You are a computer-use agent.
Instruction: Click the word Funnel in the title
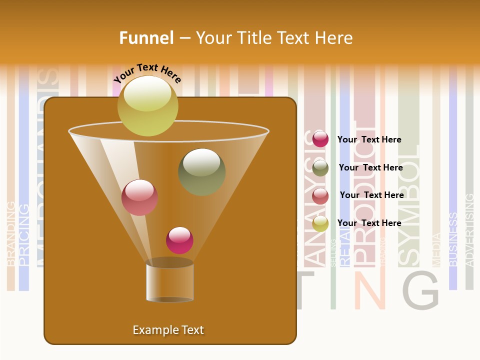click(146, 38)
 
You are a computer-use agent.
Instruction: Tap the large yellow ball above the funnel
click(147, 105)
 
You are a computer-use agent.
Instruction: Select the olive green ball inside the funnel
click(202, 171)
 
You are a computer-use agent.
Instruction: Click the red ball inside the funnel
click(140, 197)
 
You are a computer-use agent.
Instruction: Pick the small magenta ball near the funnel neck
click(179, 240)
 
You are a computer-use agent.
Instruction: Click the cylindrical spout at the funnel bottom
click(170, 281)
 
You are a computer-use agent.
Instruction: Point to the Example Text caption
click(168, 330)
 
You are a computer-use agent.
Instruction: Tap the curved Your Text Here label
click(147, 73)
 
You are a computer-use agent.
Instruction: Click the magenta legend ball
click(320, 139)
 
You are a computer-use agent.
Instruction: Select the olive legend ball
click(320, 167)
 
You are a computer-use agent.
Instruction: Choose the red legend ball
click(320, 195)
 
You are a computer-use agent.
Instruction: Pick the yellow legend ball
click(320, 223)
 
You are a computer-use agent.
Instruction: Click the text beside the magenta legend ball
click(369, 139)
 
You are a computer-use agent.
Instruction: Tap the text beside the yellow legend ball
click(369, 223)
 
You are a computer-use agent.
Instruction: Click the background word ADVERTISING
click(469, 230)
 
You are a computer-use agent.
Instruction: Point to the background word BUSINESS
click(453, 239)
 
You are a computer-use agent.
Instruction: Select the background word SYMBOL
click(409, 205)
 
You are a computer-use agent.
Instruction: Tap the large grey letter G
click(420, 290)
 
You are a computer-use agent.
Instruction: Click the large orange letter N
click(369, 290)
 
